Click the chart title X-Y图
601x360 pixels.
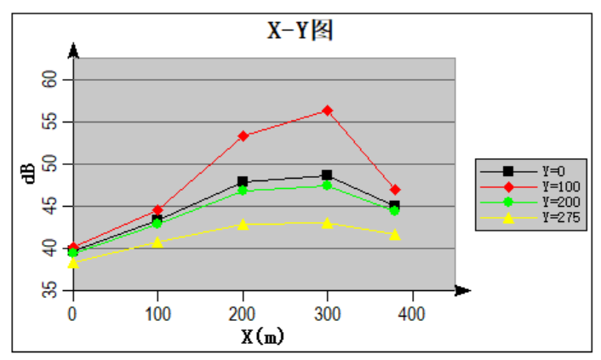coord(299,31)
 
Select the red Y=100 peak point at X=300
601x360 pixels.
coord(327,111)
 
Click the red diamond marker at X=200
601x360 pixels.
coord(243,136)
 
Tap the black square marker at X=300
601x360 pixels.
coord(327,175)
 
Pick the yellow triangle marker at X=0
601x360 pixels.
coord(73,263)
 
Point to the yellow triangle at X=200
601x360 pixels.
coord(243,225)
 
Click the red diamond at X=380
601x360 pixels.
coord(395,190)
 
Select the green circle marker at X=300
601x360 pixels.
coord(327,185)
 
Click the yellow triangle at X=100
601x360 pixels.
coord(157,243)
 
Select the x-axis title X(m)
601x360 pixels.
coord(262,336)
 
